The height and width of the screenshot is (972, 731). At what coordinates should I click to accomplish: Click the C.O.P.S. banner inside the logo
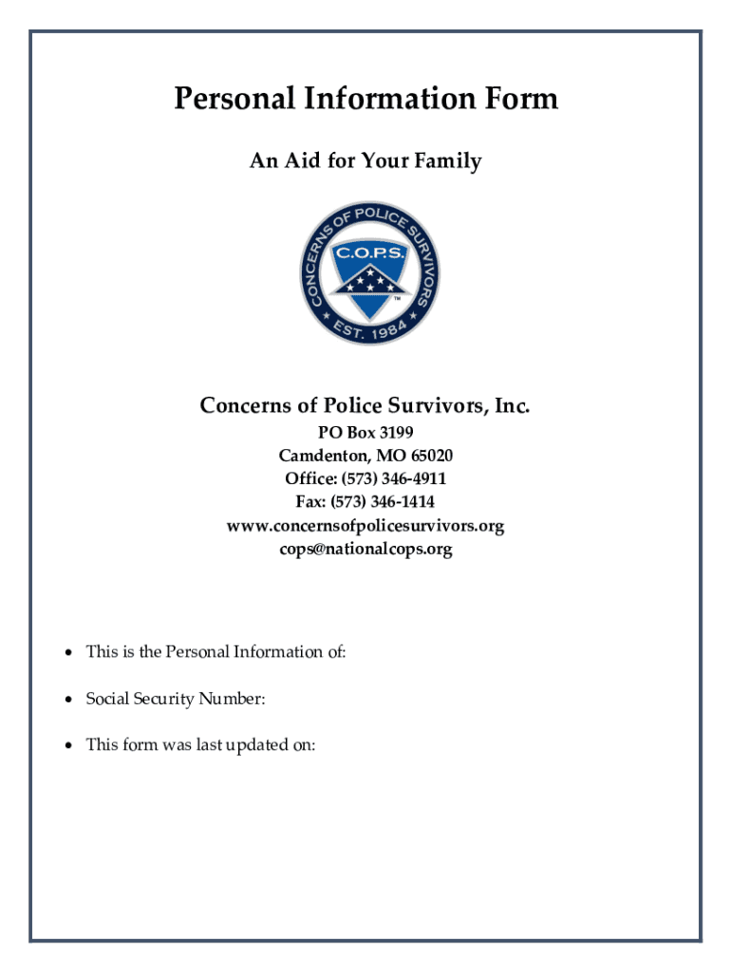[x=368, y=253]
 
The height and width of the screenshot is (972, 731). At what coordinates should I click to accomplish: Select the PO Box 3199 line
[x=365, y=431]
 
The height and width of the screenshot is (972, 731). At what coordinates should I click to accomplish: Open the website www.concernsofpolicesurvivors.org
[x=365, y=525]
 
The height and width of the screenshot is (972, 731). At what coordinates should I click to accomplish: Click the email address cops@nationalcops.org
[x=365, y=549]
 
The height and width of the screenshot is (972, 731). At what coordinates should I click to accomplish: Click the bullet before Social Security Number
[x=68, y=700]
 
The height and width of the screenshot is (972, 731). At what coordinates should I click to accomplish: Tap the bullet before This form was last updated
[x=68, y=745]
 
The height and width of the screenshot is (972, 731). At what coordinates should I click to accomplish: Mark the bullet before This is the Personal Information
[x=68, y=652]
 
